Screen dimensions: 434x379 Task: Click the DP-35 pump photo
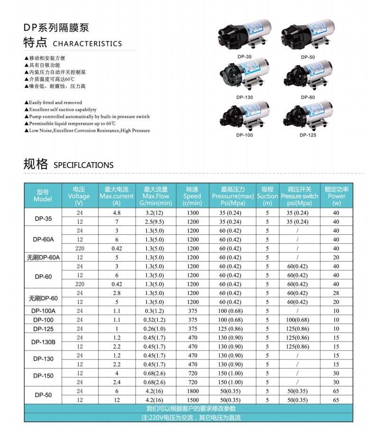pos(244,35)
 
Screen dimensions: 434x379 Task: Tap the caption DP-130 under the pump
pos(245,97)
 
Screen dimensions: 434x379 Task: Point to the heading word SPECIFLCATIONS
pos(83,166)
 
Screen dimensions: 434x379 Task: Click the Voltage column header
pos(79,196)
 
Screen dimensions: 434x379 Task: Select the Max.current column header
pos(117,196)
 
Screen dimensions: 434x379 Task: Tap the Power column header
pos(336,196)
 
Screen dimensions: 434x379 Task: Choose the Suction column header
pos(268,196)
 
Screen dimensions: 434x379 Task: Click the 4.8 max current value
pos(117,213)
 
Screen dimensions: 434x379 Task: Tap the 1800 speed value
pos(193,391)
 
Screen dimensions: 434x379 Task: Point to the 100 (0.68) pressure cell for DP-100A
pos(230,311)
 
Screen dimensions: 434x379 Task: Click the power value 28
pos(336,293)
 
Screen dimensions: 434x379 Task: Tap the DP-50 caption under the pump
pos(308,57)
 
